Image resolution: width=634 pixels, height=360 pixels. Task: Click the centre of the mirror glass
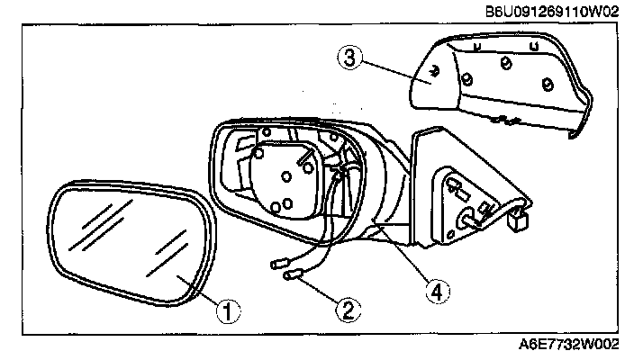tap(126, 244)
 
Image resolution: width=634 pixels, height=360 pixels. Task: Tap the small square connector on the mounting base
tap(518, 219)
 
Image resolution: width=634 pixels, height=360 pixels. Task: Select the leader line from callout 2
tap(320, 293)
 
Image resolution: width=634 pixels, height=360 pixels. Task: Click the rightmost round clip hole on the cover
tap(547, 85)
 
